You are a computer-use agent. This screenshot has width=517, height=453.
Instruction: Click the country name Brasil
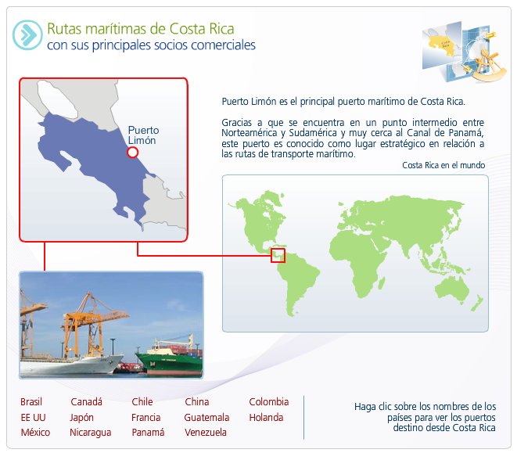(x=31, y=402)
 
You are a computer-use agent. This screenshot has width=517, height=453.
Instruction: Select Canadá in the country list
(x=86, y=402)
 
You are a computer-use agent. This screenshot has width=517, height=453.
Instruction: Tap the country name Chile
(x=142, y=402)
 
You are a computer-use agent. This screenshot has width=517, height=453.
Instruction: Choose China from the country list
(x=197, y=402)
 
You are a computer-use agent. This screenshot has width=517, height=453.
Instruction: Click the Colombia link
(x=269, y=402)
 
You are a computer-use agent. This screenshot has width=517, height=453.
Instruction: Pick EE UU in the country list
(x=33, y=417)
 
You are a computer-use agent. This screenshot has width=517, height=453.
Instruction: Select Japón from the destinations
(x=81, y=418)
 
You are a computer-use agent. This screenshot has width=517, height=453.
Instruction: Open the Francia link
(x=145, y=417)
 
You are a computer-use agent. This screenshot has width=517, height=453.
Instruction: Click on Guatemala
(x=206, y=417)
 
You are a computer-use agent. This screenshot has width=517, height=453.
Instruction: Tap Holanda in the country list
(x=266, y=417)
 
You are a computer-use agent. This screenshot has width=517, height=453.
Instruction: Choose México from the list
(x=35, y=432)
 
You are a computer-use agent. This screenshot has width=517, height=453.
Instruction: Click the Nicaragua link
(x=91, y=433)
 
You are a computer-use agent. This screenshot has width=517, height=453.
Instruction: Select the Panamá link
(x=148, y=432)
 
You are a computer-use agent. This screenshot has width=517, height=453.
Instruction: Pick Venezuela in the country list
(x=206, y=432)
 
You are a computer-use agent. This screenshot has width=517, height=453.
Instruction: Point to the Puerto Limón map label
(x=143, y=135)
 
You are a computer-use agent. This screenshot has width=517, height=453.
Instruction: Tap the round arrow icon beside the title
(x=27, y=35)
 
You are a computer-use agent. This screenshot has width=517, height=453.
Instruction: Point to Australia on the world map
(x=452, y=289)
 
